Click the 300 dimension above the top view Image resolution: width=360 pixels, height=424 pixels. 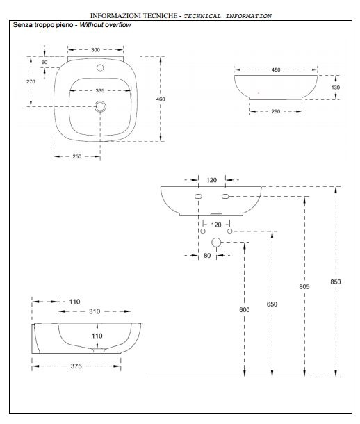point(95,50)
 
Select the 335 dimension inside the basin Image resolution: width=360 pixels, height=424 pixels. point(100,90)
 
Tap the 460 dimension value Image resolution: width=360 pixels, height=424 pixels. point(161,99)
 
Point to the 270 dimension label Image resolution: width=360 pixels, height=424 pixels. point(31,81)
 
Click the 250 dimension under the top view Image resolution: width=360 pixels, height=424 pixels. point(77,156)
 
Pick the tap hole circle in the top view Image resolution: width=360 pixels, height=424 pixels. point(100,67)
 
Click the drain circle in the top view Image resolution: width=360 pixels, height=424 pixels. point(100,106)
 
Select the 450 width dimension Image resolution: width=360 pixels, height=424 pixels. point(276,70)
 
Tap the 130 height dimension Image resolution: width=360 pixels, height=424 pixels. point(336,88)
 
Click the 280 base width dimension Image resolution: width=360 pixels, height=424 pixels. point(276,111)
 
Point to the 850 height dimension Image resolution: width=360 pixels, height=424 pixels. point(336,282)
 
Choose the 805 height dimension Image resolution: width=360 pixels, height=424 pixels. point(304,286)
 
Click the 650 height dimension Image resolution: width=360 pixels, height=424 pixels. point(272,304)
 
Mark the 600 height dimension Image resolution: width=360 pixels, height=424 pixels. point(245,309)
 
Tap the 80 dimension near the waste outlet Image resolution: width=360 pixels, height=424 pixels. point(207,256)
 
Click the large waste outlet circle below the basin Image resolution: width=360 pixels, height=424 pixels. point(216,243)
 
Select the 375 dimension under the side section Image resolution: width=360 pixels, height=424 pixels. point(76,366)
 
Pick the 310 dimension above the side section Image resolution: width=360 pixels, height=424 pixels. point(95,311)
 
